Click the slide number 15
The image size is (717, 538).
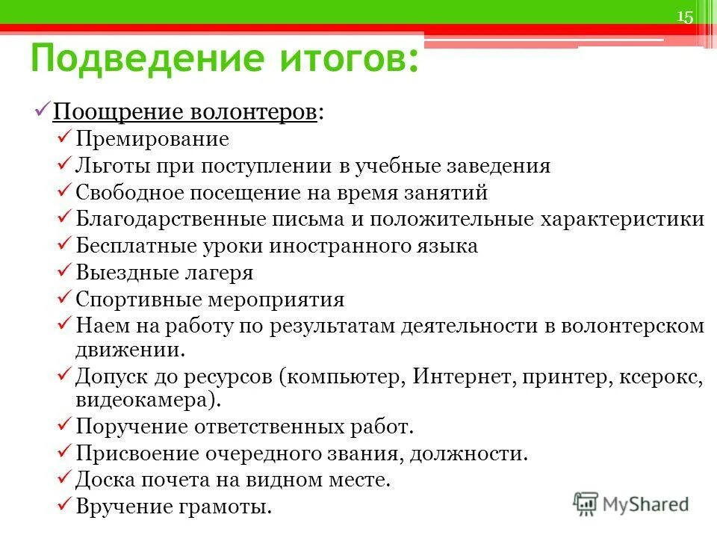(685, 17)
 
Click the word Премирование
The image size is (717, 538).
(152, 139)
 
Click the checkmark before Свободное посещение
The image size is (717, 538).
(65, 192)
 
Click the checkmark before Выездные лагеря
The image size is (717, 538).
(65, 272)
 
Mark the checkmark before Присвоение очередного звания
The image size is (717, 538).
(65, 453)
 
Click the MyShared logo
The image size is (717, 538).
(630, 503)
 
